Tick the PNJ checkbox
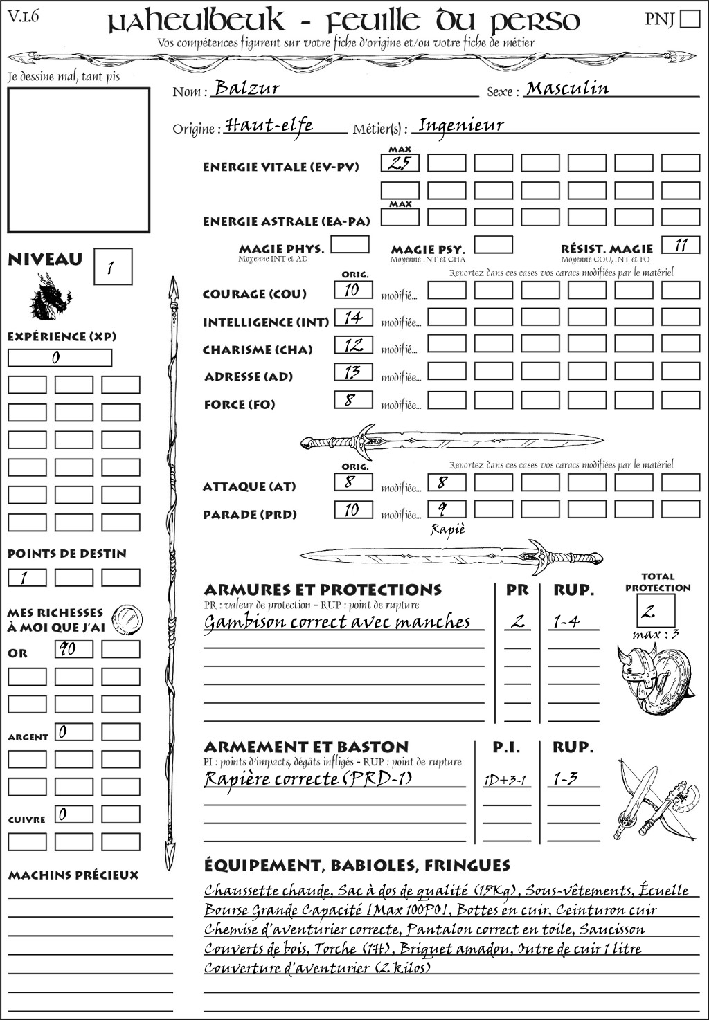[x=690, y=18]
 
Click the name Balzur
[x=247, y=88]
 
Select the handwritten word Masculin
[x=567, y=89]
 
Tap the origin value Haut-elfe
[x=269, y=125]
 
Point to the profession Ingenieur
[x=461, y=125]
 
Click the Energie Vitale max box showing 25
[x=400, y=163]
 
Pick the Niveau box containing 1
[x=112, y=267]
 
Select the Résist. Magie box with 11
[x=681, y=245]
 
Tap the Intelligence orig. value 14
[x=353, y=318]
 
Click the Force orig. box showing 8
[x=353, y=400]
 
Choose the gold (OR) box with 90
[x=74, y=649]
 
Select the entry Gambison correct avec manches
[x=337, y=622]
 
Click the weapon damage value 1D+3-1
[x=505, y=781]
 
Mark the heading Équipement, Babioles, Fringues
[x=357, y=865]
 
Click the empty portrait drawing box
[x=78, y=160]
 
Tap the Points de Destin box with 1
[x=27, y=577]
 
